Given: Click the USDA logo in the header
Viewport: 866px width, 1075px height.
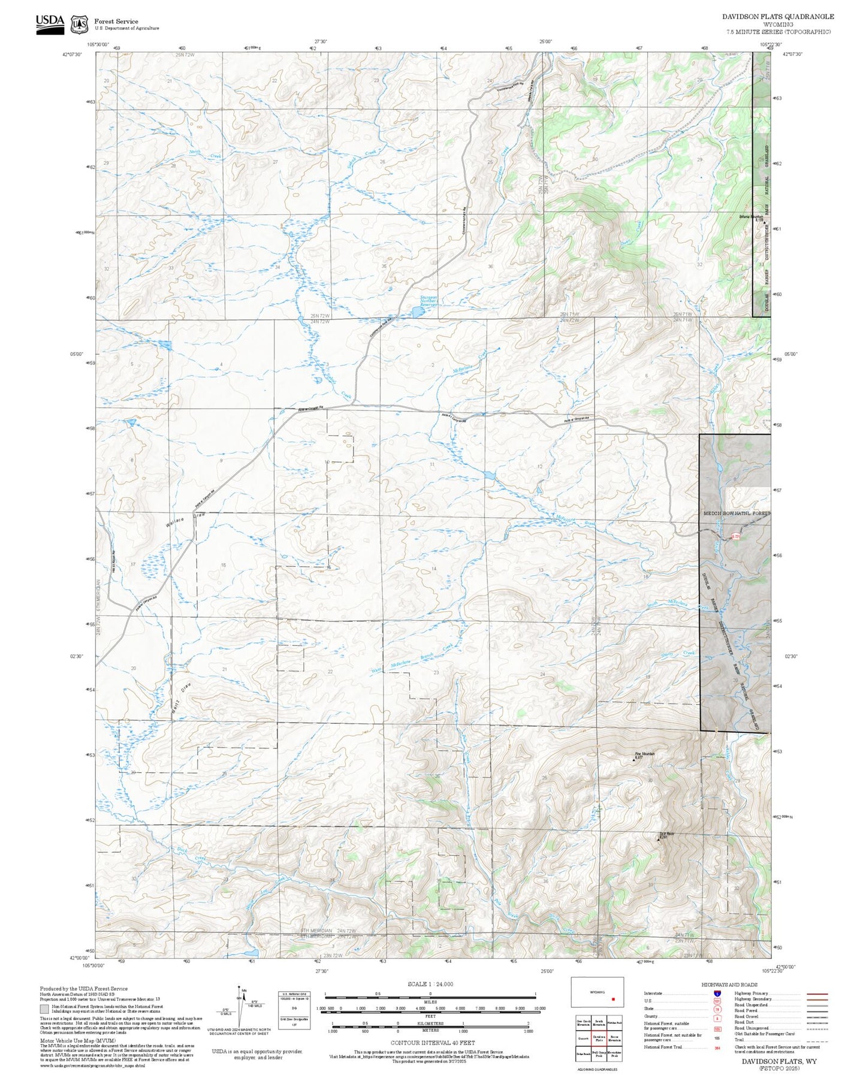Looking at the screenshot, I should (50, 22).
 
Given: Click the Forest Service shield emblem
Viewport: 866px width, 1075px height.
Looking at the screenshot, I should (79, 25).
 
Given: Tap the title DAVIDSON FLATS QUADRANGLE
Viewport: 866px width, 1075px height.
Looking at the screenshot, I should (777, 17).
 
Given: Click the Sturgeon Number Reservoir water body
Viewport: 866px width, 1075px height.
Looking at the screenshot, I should (415, 312).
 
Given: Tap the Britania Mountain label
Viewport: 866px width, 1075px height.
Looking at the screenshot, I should (750, 216).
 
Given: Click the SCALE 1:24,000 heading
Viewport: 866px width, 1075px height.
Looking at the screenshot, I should (430, 984).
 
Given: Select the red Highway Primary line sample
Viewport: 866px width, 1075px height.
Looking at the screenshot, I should (817, 994).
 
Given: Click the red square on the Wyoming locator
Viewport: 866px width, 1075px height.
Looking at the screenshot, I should (612, 999).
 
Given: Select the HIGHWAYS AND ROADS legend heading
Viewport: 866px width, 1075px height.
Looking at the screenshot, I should (729, 985).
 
